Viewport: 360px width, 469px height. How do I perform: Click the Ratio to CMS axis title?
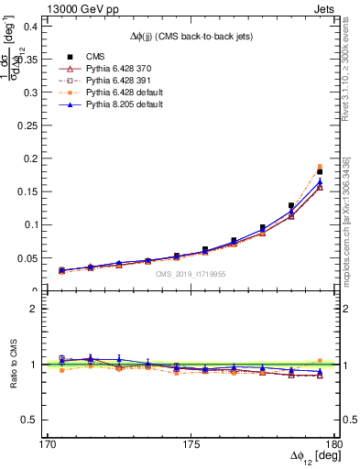(13, 364)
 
